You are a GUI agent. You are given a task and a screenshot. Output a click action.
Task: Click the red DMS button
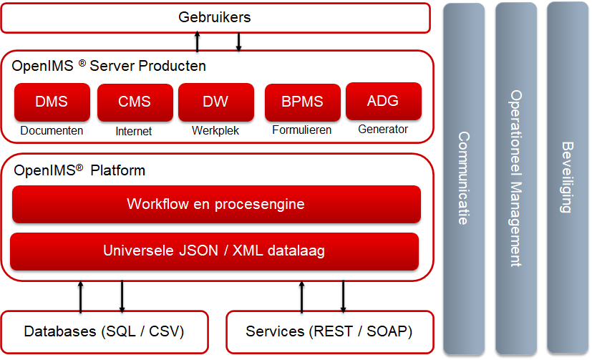coord(52,102)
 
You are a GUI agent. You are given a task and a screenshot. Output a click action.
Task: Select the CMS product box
coord(135,102)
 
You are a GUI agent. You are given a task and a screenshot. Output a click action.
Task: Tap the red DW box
coord(216,102)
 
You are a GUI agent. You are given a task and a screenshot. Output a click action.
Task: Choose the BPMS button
coord(302,102)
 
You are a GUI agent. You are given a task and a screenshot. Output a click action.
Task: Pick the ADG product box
coord(384,101)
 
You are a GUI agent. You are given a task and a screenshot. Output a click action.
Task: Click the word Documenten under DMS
coord(52,130)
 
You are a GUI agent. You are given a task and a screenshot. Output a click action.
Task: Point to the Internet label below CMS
coord(134,131)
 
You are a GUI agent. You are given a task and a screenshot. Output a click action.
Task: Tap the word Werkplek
coord(215,130)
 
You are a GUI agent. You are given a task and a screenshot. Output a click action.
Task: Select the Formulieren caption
coord(301,130)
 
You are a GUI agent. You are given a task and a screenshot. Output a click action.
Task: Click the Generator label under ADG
coord(383,129)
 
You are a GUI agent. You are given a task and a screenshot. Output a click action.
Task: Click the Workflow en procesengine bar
coord(216,204)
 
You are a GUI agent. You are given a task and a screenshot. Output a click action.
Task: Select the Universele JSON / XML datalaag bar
coord(215,251)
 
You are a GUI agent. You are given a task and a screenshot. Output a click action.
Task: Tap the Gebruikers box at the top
coord(215,18)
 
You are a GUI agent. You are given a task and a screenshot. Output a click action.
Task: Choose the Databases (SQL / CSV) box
coord(105,332)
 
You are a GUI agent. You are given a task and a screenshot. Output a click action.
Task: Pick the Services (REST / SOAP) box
coord(330,332)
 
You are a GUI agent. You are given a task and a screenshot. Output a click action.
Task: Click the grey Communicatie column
coord(464,179)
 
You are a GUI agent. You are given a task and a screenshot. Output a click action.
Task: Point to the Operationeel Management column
coord(516,179)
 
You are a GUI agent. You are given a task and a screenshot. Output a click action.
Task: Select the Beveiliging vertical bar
coord(568,177)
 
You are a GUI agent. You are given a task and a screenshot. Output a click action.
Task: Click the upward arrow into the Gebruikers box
coord(197,42)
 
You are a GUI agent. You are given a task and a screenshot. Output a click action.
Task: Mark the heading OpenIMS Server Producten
coord(109,66)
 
